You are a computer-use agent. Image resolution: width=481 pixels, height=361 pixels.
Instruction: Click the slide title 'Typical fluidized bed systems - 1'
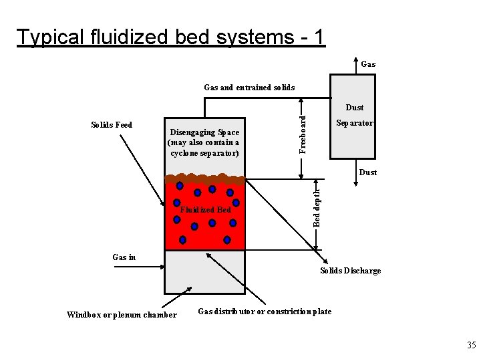pyautogui.click(x=171, y=37)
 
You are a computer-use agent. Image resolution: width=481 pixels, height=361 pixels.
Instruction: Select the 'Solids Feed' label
pyautogui.click(x=112, y=125)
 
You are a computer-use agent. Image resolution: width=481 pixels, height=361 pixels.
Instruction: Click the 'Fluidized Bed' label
pyautogui.click(x=206, y=210)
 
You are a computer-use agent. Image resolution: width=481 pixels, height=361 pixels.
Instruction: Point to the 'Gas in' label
pyautogui.click(x=124, y=257)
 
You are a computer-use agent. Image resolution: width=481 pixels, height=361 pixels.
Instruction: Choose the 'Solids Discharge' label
pyautogui.click(x=350, y=271)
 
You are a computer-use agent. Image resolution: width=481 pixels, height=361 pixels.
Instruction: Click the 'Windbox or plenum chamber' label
pyautogui.click(x=122, y=315)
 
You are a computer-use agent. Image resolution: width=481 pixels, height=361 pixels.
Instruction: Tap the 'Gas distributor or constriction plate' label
pyautogui.click(x=265, y=312)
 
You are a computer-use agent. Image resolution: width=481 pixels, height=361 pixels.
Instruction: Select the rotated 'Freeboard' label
pyautogui.click(x=303, y=133)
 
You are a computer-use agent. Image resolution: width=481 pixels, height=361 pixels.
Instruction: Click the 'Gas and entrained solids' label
pyautogui.click(x=249, y=88)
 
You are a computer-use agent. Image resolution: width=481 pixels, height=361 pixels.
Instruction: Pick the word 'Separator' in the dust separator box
pyautogui.click(x=354, y=123)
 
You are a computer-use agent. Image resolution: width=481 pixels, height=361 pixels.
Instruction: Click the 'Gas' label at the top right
pyautogui.click(x=368, y=65)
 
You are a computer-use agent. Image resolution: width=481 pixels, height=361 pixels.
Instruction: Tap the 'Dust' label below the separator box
pyautogui.click(x=367, y=172)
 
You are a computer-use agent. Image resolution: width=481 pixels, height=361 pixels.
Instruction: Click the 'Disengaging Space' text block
pyautogui.click(x=205, y=142)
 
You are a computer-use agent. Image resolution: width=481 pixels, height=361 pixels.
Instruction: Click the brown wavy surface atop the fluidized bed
pyautogui.click(x=205, y=179)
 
